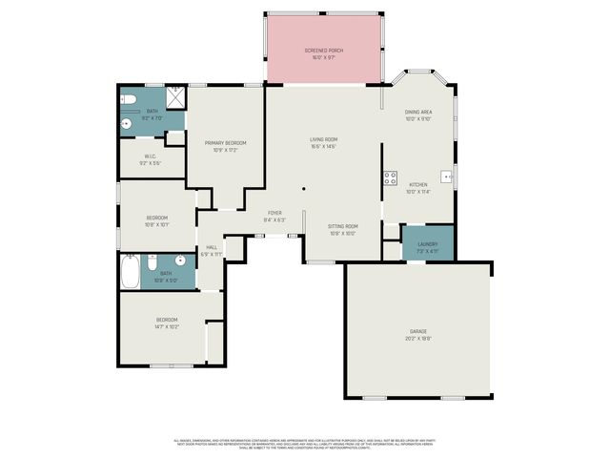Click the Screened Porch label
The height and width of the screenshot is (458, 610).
[x=323, y=50]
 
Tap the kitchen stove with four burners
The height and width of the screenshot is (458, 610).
[x=389, y=177]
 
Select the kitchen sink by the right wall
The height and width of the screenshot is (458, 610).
[x=445, y=177]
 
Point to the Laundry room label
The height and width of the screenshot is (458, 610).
[x=427, y=244]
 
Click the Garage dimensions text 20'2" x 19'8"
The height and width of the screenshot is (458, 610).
[x=419, y=337]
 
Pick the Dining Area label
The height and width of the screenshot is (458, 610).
[x=418, y=113]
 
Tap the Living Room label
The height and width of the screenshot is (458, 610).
[x=323, y=140]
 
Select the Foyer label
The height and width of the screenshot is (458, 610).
[x=274, y=214]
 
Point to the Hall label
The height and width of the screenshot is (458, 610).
[x=212, y=247]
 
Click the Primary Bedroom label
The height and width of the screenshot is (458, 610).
[x=226, y=143]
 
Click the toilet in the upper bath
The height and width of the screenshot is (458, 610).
[x=132, y=99]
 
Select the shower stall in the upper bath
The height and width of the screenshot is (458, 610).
[x=174, y=98]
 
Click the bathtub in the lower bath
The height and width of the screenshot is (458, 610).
[x=131, y=272]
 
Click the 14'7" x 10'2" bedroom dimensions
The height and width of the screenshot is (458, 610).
[x=167, y=326]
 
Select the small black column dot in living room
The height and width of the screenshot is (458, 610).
[x=303, y=189]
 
